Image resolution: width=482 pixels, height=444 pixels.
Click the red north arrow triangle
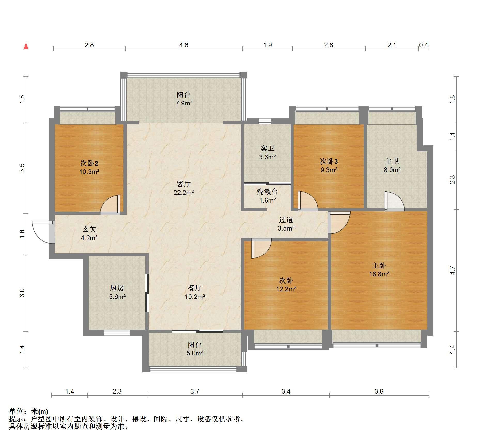pos(26,46)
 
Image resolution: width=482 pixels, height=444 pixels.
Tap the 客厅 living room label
pos(184,184)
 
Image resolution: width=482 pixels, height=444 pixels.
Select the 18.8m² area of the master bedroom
pos(379,274)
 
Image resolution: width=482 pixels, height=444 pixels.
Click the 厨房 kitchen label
pos(117,288)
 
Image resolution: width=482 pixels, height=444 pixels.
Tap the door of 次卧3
pos(307,201)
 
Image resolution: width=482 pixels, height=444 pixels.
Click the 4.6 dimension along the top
pos(184,45)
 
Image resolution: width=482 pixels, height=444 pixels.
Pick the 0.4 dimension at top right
pos(424,45)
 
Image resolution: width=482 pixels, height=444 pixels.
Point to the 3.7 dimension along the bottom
pos(195,391)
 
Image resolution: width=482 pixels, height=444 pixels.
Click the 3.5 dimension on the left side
pos(22,168)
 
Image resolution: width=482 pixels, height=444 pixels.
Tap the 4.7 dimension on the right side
pos(452,270)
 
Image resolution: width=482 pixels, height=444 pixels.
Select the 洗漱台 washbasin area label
pos(267,192)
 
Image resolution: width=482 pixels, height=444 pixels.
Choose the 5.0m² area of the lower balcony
pos(195,353)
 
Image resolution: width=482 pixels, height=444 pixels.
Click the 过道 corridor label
pos(286,220)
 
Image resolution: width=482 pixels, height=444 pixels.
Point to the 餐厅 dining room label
pos(195,288)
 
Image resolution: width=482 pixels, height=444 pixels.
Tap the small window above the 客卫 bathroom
pos(265,121)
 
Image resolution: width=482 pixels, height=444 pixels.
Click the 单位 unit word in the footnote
pos(16,411)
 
